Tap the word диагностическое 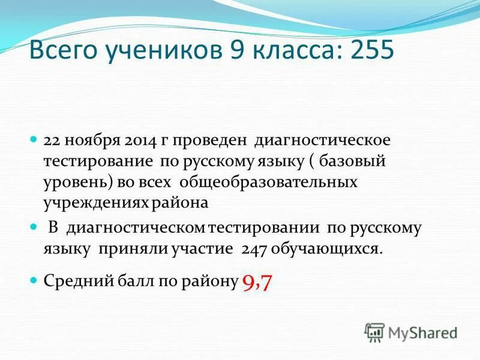323,141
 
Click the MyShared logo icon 374,332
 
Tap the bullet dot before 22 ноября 34,140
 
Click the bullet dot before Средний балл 34,280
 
